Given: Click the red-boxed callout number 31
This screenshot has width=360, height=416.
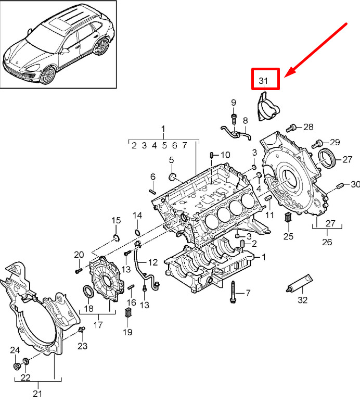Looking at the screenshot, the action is click(263, 80).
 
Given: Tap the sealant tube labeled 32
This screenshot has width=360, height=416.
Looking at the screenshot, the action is click(300, 283).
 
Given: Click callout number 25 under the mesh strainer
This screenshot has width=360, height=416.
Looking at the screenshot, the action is click(288, 236).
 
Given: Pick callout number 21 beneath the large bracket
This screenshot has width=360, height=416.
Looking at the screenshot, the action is click(37, 393).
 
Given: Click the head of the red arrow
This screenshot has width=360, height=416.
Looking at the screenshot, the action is click(289, 73).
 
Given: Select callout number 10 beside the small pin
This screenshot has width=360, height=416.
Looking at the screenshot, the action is click(225, 155).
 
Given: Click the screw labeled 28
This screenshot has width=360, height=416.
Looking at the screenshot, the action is click(291, 128).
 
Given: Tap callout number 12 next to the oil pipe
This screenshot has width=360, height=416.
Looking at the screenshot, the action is click(153, 262).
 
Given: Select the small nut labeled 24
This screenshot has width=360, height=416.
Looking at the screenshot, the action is click(17, 366).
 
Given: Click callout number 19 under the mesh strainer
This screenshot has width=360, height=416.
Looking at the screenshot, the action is click(127, 332).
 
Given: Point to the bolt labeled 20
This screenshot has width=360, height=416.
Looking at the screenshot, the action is click(79, 271).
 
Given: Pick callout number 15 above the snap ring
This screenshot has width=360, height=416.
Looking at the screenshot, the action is click(116, 220).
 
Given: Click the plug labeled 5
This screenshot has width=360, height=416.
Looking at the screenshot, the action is click(173, 176).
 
